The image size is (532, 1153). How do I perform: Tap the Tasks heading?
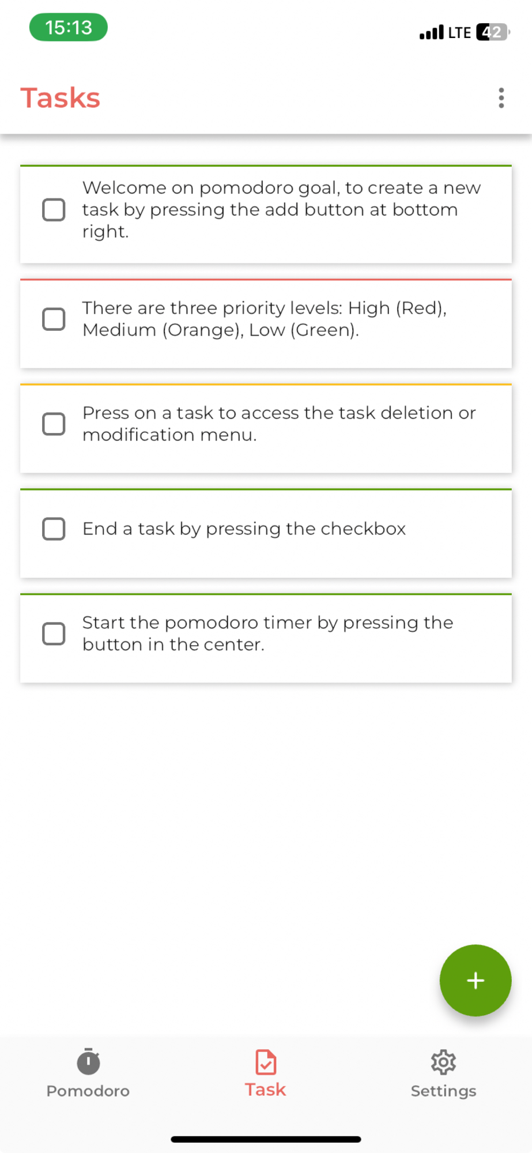61,98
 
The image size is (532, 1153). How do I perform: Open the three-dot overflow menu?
501,98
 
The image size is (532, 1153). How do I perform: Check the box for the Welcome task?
54,210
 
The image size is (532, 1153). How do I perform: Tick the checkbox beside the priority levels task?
54,319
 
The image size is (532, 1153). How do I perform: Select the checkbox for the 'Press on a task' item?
54,424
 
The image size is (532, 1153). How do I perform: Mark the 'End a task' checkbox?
54,529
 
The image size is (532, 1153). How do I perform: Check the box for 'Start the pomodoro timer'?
54,634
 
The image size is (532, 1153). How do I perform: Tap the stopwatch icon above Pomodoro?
88,1061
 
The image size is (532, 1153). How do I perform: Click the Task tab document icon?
266,1062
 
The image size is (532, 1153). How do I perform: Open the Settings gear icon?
443,1062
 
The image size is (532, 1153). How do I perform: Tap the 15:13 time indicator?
69,27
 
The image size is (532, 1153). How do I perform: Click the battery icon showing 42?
493,32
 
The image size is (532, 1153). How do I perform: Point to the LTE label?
459,33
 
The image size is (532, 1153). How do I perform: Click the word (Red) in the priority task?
421,308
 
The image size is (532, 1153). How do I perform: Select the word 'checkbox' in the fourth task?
363,529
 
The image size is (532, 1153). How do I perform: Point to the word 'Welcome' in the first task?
124,188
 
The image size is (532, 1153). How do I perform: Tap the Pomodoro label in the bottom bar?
88,1091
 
